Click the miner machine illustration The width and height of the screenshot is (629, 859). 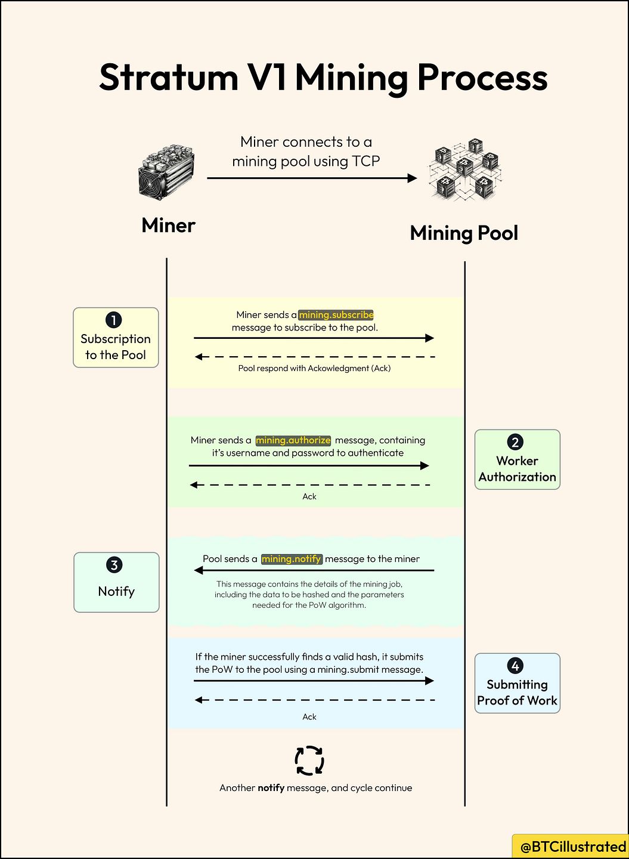point(166,172)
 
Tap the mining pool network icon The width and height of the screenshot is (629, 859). point(465,170)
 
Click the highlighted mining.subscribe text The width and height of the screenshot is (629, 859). point(336,315)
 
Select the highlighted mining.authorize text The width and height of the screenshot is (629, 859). point(293,440)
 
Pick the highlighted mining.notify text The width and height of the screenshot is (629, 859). point(292,559)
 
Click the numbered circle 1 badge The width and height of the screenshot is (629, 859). point(114,320)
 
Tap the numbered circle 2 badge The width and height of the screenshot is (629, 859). point(515,442)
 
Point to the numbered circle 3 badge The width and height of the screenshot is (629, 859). point(114,565)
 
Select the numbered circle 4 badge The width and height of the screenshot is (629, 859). point(515,666)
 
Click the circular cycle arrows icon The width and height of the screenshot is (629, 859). point(309,761)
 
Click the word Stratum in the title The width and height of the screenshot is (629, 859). point(169,78)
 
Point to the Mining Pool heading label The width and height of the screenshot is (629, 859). point(464,233)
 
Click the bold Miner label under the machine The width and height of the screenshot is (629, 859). point(169,225)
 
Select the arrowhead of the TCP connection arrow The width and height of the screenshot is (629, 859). point(411,178)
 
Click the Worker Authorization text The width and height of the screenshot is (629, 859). point(517,469)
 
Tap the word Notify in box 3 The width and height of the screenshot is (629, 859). point(116,591)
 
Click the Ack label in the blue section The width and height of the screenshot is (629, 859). point(309,717)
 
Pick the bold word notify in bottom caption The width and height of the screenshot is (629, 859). point(271,788)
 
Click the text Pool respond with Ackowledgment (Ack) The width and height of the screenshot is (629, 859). point(314,369)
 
